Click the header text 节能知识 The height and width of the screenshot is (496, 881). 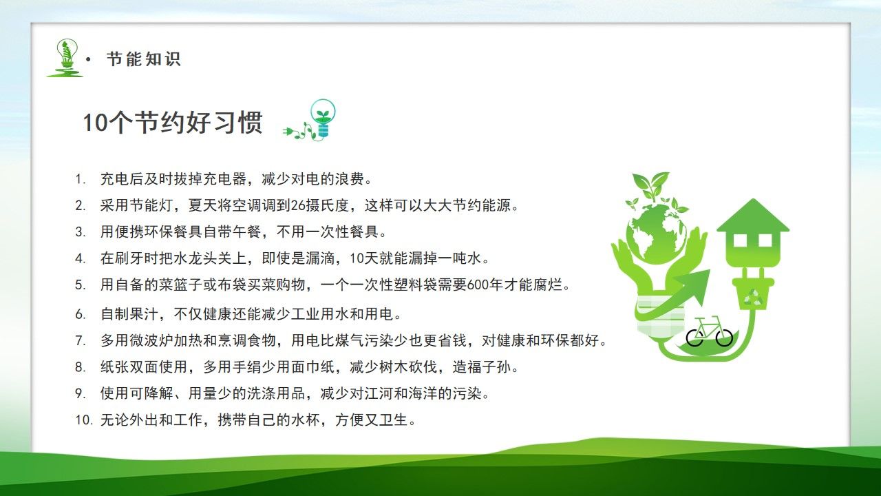tap(143, 59)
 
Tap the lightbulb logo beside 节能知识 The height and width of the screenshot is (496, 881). tap(65, 57)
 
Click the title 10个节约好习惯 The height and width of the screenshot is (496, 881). tap(173, 123)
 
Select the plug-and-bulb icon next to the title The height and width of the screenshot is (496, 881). tap(313, 121)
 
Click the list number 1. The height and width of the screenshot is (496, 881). tap(80, 180)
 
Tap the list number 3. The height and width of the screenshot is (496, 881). tap(80, 231)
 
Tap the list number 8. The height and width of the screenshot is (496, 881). tap(80, 367)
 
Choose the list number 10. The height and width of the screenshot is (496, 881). tap(83, 420)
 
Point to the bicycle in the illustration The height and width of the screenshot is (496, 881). tap(710, 331)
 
